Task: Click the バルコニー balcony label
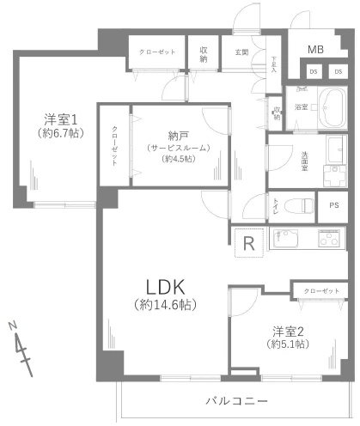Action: tap(236, 400)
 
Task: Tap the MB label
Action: tap(316, 50)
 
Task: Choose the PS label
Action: tap(333, 205)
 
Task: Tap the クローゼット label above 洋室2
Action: tap(321, 292)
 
